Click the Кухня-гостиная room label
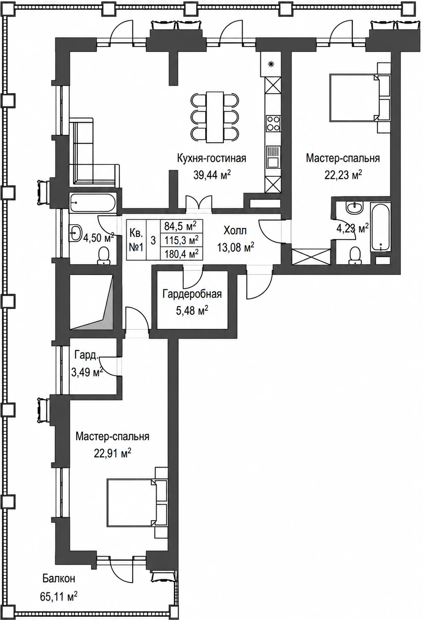tap(211, 158)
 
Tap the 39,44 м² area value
tap(212, 175)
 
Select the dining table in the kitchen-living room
tap(215, 117)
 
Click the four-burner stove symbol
tap(273, 123)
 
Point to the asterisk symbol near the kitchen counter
tap(271, 65)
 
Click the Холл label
tap(235, 230)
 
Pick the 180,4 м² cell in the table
tap(182, 253)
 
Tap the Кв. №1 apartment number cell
tap(136, 240)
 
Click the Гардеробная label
tap(192, 294)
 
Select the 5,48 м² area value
tap(192, 310)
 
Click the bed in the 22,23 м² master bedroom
tap(359, 97)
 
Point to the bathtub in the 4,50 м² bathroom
tap(93, 203)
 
